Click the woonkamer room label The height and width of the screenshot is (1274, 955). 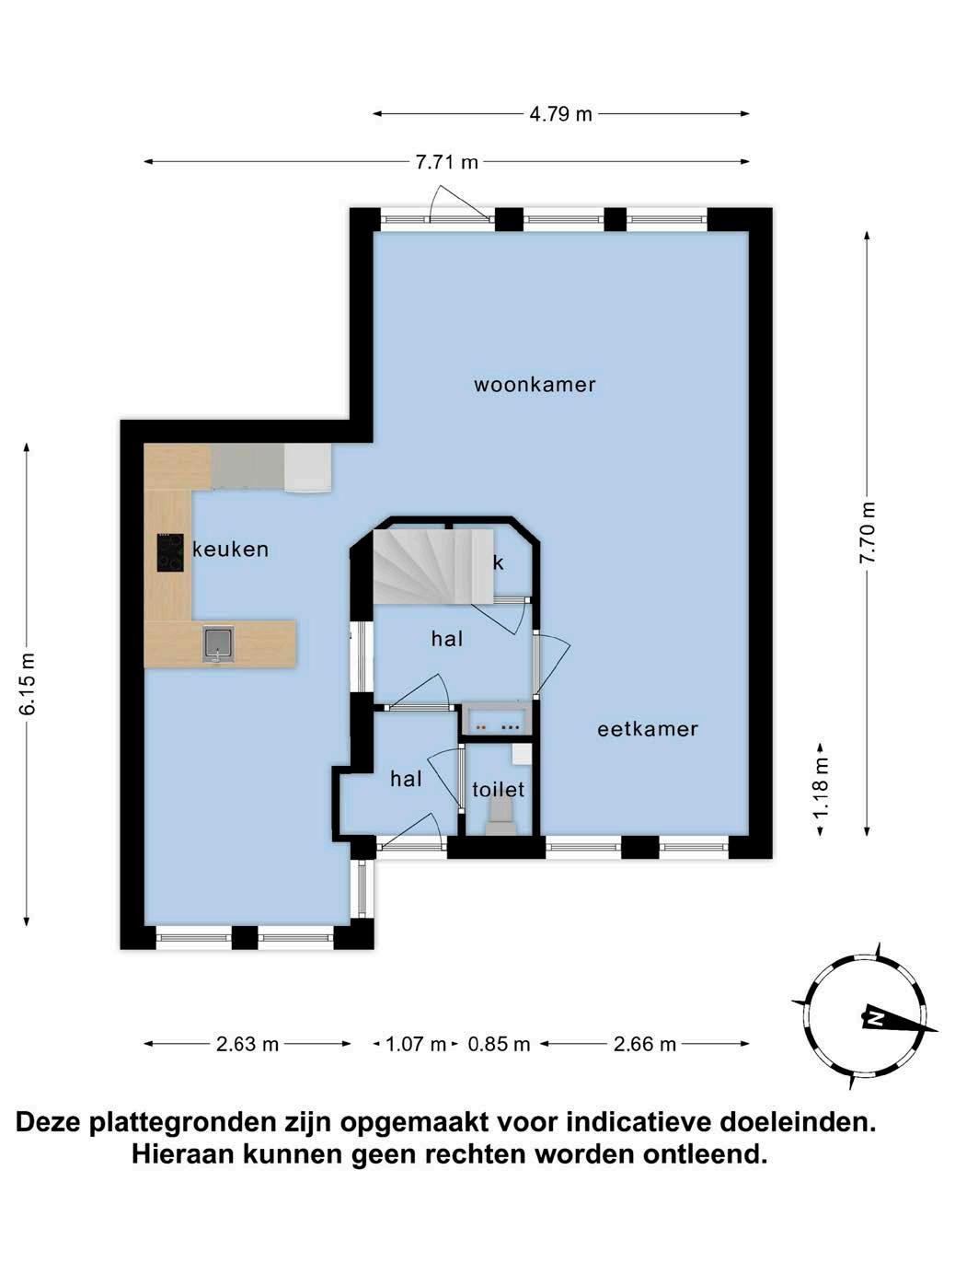534,385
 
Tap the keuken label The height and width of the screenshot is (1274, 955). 230,549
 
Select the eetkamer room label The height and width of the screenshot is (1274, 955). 647,729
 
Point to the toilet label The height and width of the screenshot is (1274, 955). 498,790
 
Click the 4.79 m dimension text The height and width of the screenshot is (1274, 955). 560,114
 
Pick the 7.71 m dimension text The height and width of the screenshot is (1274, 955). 446,162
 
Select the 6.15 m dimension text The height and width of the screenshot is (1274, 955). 28,684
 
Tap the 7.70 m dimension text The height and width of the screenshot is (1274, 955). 868,532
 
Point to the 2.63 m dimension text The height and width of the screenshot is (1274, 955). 247,1045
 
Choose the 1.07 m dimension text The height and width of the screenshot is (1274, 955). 415,1045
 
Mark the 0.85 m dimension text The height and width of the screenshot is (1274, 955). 499,1045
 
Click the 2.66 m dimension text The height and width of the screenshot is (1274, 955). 645,1045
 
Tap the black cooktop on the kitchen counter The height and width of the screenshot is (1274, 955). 170,552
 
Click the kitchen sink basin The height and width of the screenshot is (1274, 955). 218,643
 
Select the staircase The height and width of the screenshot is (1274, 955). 432,566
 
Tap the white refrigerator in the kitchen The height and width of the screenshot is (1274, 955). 307,469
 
